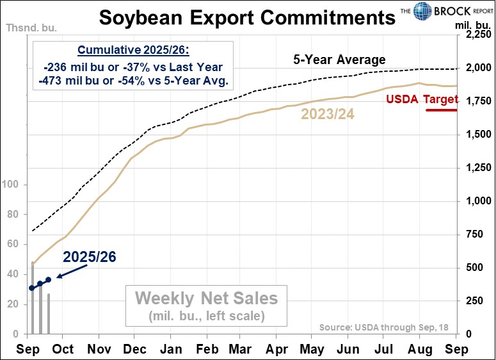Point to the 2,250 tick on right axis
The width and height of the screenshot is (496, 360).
[473, 37]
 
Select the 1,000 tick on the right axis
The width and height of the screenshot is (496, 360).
[473, 201]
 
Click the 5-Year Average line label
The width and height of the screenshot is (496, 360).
[339, 60]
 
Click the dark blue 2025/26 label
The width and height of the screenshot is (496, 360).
[89, 258]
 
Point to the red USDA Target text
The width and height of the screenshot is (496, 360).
[422, 99]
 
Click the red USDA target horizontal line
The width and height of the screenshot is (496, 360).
[441, 110]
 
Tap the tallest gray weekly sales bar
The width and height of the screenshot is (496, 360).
[33, 298]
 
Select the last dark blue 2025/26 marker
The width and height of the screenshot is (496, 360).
[48, 280]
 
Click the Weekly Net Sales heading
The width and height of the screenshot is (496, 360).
[205, 298]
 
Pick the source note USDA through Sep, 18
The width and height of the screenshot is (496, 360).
[384, 327]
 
